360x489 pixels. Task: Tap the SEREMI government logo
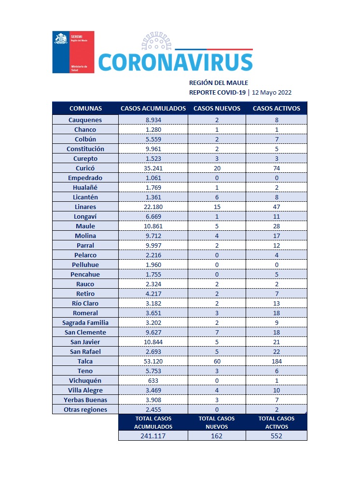[73, 52]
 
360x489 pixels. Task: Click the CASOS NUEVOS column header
[217, 108]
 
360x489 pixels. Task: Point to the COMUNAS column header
[85, 108]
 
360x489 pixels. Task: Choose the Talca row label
[85, 361]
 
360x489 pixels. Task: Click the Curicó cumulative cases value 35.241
[153, 168]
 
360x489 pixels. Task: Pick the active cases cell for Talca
[276, 361]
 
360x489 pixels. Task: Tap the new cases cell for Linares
[217, 207]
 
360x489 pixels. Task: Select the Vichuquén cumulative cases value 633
[153, 380]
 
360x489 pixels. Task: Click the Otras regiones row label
[85, 409]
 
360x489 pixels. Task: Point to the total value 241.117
[153, 435]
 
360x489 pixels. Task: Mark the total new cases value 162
[217, 435]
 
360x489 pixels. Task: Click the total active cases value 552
[276, 435]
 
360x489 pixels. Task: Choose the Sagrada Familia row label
[85, 322]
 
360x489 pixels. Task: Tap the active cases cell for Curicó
[276, 168]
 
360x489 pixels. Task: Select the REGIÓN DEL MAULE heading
[218, 83]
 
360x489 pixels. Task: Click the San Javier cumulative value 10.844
[153, 342]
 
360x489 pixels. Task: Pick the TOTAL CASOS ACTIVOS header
[276, 422]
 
